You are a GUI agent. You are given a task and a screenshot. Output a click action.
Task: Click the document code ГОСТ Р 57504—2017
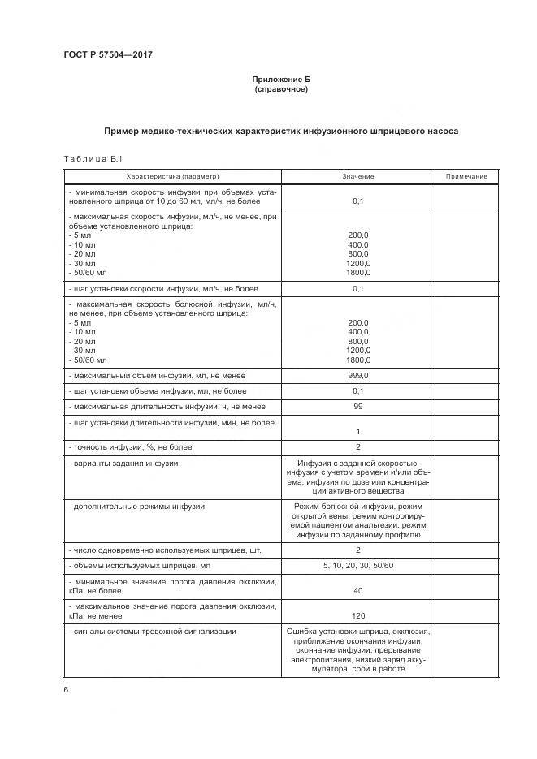(108, 54)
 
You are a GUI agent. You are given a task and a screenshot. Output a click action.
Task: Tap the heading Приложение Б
(281, 79)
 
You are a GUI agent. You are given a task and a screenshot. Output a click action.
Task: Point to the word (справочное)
(281, 88)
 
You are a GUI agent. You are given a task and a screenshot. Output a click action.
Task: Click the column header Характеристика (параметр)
(173, 176)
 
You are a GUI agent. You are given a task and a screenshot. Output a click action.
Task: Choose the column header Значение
(357, 176)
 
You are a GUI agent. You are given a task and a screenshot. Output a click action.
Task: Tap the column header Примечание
(466, 176)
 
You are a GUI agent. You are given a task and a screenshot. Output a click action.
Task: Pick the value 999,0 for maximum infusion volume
(357, 376)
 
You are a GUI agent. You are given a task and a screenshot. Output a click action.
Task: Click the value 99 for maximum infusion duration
(357, 406)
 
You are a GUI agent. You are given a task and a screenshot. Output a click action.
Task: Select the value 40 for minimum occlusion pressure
(357, 591)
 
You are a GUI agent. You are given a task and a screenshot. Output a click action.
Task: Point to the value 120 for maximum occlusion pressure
(357, 615)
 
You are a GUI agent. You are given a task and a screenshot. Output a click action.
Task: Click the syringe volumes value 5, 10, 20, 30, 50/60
(357, 565)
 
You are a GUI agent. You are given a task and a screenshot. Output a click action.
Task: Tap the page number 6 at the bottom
(65, 689)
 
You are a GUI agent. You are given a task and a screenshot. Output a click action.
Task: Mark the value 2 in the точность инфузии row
(357, 447)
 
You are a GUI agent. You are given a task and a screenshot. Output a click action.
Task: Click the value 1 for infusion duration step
(357, 431)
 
